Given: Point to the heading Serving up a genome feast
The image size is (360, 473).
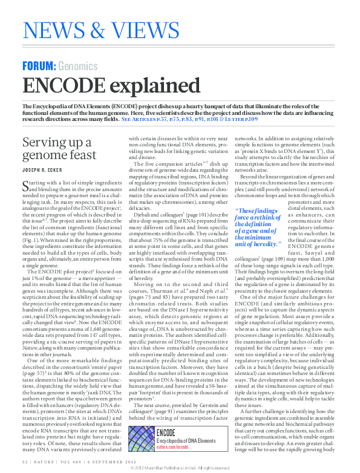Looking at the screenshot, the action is [x=57, y=151].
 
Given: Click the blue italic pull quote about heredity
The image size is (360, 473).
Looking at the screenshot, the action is [x=257, y=227].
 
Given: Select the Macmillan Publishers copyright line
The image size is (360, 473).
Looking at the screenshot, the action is [x=180, y=468].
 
